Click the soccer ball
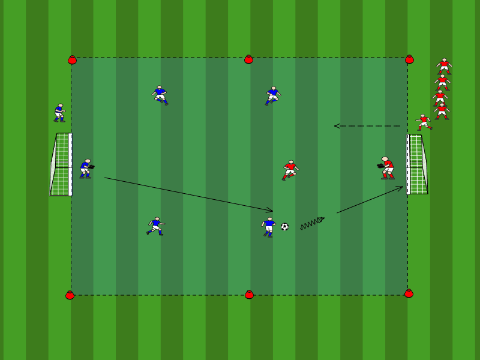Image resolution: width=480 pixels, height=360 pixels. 284,227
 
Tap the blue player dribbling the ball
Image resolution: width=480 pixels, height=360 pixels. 269,227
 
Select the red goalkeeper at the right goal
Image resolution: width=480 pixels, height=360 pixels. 387,168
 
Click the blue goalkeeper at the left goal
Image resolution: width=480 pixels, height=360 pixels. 86,169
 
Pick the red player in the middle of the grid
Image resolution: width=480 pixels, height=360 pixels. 290,170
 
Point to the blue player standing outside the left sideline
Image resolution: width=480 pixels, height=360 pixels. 59,113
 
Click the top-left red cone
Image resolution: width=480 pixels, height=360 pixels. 72,60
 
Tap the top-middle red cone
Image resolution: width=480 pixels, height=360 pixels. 248,59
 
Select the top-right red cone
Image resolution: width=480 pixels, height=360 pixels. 409,59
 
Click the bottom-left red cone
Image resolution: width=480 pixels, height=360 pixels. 70,295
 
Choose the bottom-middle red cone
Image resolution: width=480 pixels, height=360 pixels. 249,295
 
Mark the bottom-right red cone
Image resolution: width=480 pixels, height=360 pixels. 409,293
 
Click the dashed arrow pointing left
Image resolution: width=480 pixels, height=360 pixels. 367,126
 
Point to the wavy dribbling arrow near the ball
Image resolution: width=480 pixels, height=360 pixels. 312,223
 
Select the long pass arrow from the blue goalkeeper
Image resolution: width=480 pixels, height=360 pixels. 188,194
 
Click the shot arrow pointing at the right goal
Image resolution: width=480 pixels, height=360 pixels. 370,200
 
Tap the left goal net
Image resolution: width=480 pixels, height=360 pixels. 61,164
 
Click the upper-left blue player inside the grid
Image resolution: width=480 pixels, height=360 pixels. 160,95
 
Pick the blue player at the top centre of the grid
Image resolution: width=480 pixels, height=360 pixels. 272,95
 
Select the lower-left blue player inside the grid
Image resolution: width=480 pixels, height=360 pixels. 155,226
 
